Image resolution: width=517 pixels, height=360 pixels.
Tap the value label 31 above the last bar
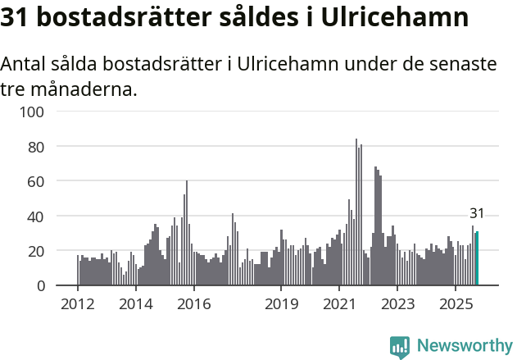point(477,213)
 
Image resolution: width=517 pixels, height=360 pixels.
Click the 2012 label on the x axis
point(78,304)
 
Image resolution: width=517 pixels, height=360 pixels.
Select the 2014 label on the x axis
point(136,304)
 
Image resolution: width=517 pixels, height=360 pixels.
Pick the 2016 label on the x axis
point(193,304)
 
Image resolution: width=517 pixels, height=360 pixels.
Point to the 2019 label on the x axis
point(281,304)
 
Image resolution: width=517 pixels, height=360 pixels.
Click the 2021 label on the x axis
point(338,304)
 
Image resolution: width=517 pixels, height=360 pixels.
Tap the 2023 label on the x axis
point(397,304)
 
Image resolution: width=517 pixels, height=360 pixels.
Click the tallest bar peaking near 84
point(356,213)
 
